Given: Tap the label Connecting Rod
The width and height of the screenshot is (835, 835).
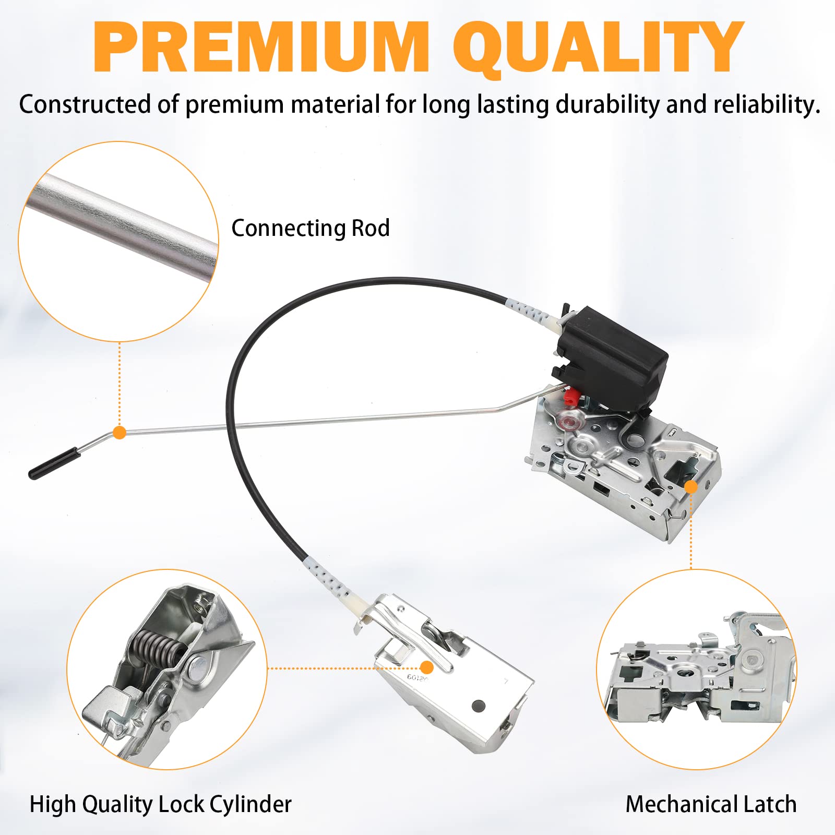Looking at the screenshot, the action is (311, 228).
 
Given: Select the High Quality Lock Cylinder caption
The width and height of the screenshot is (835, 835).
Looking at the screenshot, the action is (160, 804).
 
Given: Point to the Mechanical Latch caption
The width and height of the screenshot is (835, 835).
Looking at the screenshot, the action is (711, 804).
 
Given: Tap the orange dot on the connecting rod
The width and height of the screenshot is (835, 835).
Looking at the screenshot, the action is (120, 432).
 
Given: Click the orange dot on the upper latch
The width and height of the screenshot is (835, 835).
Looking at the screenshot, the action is (691, 487).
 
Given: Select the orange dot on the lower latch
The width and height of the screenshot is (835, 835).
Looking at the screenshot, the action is (427, 667).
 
